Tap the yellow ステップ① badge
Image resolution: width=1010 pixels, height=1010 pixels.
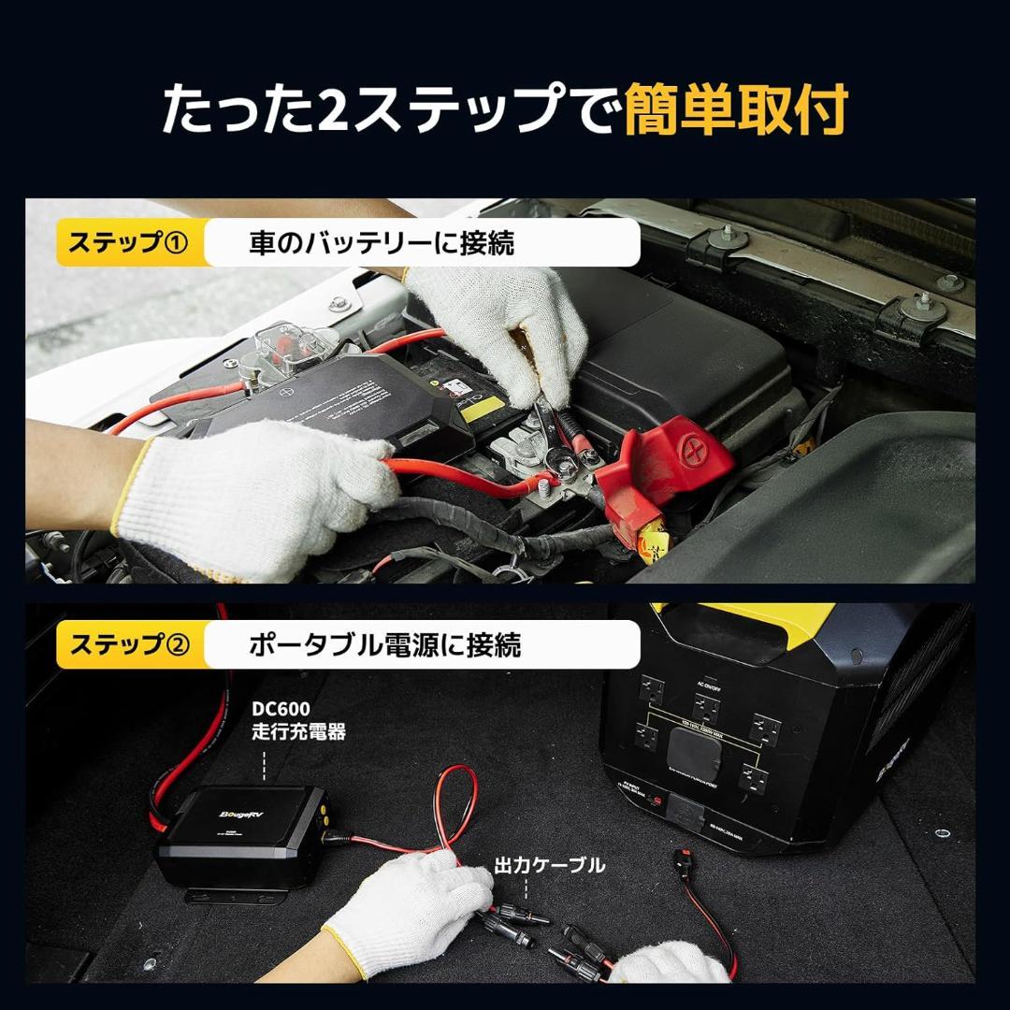129,243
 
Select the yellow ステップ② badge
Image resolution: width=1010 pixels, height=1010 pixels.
129,645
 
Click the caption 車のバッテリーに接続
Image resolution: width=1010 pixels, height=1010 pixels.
382,243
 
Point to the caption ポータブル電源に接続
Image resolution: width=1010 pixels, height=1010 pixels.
384,645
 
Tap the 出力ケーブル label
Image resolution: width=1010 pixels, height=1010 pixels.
549,866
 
